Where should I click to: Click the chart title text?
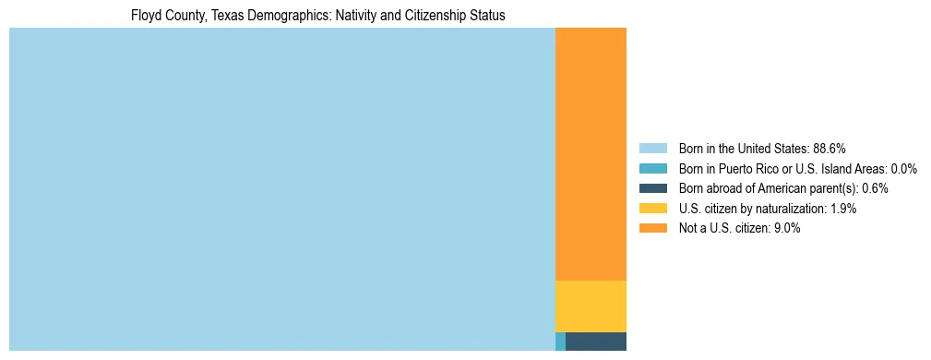tap(317, 16)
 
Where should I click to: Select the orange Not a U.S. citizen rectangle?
tap(591, 153)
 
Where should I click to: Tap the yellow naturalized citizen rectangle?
tap(591, 306)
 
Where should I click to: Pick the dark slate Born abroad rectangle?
tap(595, 342)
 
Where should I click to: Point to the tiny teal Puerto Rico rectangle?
tap(560, 342)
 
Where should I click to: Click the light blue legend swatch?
tap(652, 148)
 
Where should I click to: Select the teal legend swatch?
tap(652, 168)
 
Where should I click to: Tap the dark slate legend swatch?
tap(652, 188)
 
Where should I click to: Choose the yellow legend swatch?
tap(652, 209)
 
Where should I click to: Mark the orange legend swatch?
tap(652, 229)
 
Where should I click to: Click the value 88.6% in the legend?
tap(830, 148)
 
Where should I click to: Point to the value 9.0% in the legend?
tap(784, 229)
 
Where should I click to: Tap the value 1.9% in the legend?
tap(841, 209)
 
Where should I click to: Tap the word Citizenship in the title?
tap(436, 16)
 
